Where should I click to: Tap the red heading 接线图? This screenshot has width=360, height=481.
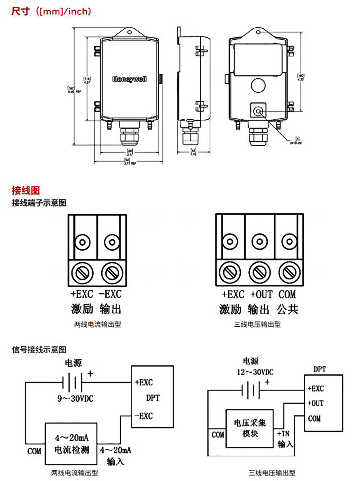(26, 191)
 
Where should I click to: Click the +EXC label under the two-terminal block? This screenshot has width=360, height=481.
(82, 294)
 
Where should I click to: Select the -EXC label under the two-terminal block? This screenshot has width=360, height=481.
(110, 294)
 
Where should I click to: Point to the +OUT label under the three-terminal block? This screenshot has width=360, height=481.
(261, 295)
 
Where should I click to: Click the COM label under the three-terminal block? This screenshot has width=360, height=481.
(288, 295)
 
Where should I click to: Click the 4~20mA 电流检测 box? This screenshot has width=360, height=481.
(71, 444)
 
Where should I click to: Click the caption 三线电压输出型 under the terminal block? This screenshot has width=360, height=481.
(257, 324)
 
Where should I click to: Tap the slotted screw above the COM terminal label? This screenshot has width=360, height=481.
(288, 272)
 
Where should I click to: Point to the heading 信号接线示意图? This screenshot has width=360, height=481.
(39, 349)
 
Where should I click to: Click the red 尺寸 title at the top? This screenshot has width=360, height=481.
(20, 11)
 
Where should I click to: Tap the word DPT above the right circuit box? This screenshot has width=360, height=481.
(319, 369)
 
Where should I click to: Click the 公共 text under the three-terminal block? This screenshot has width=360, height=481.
(288, 310)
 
